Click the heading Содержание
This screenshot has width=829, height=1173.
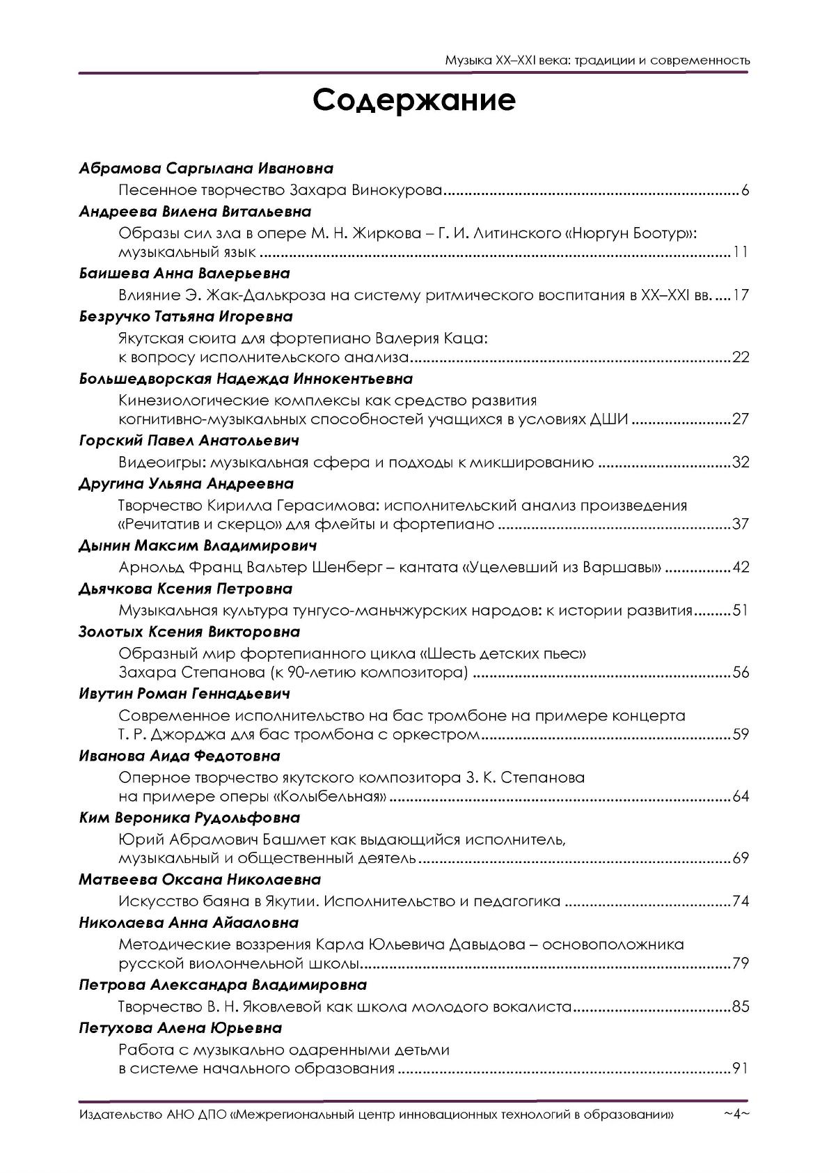414,101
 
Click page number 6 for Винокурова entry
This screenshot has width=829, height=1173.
745,190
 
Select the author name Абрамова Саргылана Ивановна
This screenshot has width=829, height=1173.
206,169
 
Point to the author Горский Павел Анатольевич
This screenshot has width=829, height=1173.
189,441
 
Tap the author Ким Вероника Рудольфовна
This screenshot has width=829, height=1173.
189,818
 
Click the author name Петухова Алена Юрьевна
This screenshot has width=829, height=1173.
180,1028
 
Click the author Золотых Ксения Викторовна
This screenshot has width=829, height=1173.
189,632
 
